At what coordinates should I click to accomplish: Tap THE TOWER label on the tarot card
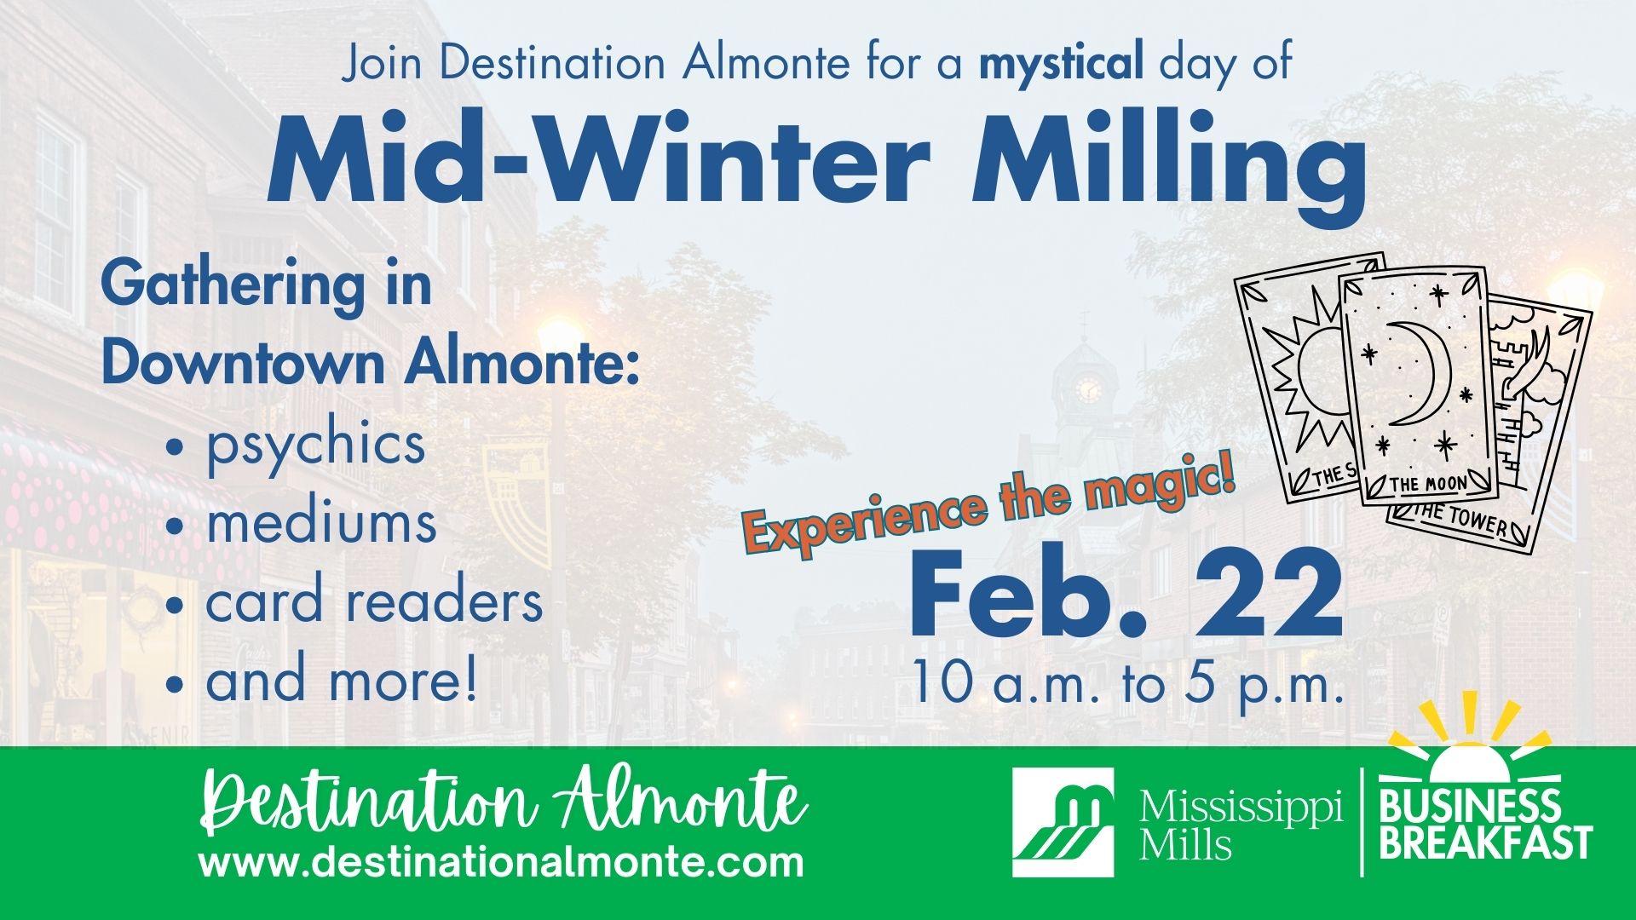(1464, 519)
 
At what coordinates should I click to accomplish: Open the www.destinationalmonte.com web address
(501, 861)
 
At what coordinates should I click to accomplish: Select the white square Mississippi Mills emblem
(1063, 822)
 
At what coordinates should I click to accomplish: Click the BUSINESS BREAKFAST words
(1486, 825)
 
